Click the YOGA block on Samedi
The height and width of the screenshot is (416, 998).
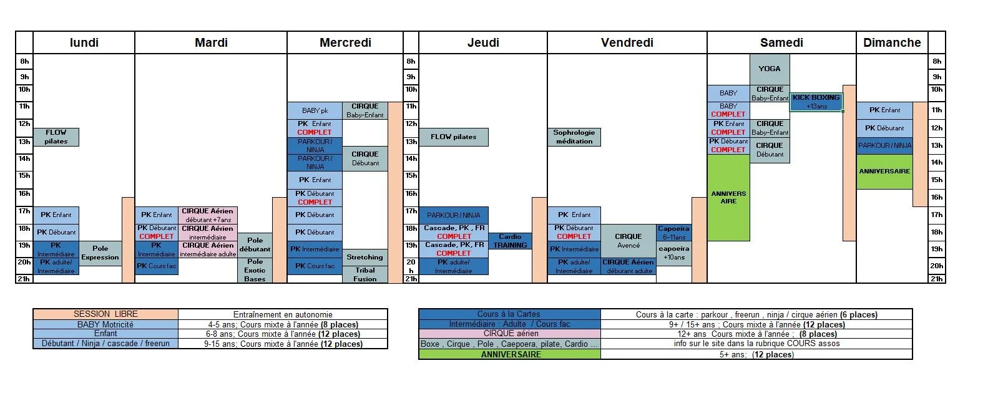click(770, 69)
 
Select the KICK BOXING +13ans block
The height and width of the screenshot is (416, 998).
click(816, 102)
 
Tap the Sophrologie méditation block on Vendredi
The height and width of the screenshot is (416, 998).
click(574, 137)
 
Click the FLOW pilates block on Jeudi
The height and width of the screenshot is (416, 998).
click(453, 137)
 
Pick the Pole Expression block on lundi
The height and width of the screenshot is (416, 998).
click(100, 253)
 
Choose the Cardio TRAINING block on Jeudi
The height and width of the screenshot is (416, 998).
click(510, 241)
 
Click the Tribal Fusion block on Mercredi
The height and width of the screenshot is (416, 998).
click(365, 274)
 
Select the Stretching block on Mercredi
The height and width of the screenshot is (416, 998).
click(365, 257)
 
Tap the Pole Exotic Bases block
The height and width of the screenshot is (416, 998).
click(255, 270)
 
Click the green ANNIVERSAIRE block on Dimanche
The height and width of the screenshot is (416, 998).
click(884, 172)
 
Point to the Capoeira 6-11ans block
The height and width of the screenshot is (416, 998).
click(673, 233)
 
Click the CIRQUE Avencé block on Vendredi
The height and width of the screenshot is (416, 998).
click(628, 241)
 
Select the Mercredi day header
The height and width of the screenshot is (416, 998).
click(345, 43)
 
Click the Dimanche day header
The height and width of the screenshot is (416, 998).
click(892, 43)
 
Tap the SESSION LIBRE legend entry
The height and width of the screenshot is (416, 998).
click(105, 314)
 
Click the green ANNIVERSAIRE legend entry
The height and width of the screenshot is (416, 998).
click(510, 354)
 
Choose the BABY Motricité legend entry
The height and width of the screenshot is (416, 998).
click(105, 324)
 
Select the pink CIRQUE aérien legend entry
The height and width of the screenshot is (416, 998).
click(510, 334)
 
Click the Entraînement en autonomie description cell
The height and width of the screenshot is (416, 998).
click(283, 315)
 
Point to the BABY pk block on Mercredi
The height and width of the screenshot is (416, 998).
click(315, 110)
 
